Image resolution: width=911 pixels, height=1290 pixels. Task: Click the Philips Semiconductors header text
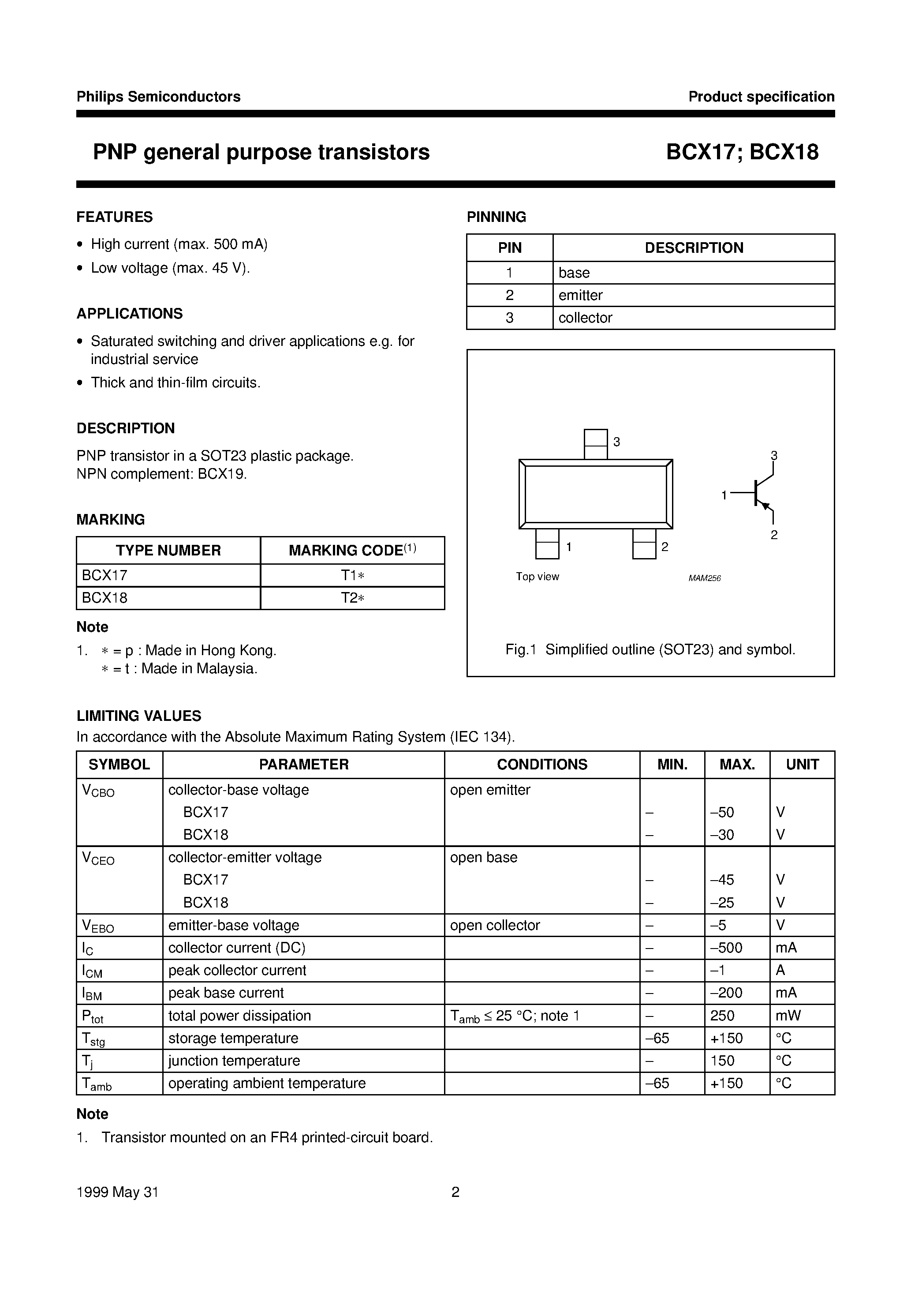pyautogui.click(x=158, y=97)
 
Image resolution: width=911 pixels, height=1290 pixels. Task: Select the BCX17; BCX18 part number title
pyautogui.click(x=742, y=152)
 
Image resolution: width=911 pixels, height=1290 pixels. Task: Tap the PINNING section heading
pyautogui.click(x=497, y=217)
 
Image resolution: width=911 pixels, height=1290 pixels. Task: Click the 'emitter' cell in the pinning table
pyautogui.click(x=580, y=295)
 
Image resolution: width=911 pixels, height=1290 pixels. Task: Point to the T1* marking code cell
pyautogui.click(x=353, y=575)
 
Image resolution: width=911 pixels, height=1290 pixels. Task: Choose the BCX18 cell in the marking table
pyautogui.click(x=105, y=598)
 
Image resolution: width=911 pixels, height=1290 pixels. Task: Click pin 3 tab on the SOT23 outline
pyautogui.click(x=595, y=444)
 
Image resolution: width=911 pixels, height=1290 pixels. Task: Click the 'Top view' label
pyautogui.click(x=538, y=577)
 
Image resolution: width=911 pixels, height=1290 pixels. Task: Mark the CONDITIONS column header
pyautogui.click(x=542, y=764)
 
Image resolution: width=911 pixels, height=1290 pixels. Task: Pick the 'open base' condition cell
pyautogui.click(x=484, y=857)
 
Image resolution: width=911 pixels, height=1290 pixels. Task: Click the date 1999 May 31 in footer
pyautogui.click(x=117, y=1192)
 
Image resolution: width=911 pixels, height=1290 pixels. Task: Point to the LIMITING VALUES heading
pyautogui.click(x=139, y=716)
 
